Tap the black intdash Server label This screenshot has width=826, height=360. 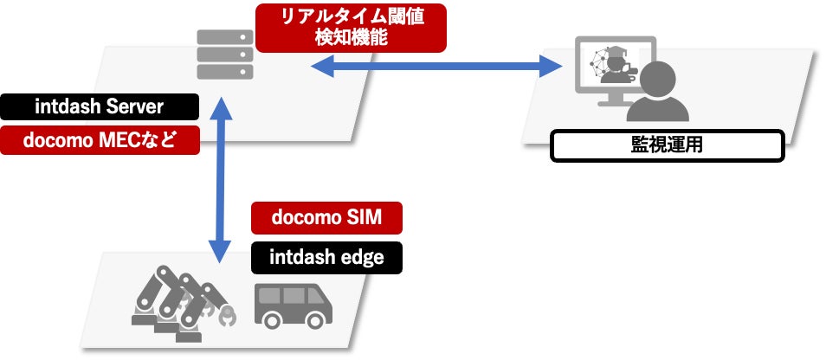point(100,107)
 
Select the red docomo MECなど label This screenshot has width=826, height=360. point(100,139)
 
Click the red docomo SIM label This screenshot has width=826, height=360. point(326,218)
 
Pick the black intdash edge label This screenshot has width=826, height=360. point(326,257)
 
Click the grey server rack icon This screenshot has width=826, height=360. point(222,54)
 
